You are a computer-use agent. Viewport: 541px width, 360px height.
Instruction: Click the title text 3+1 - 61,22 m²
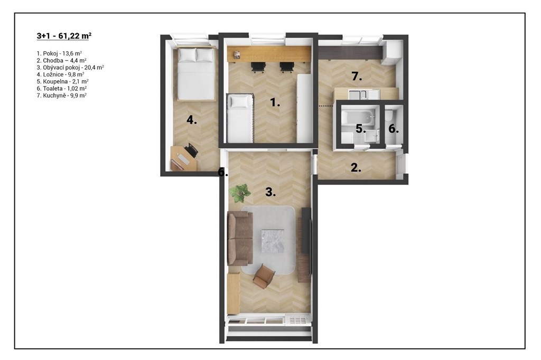tap(64, 36)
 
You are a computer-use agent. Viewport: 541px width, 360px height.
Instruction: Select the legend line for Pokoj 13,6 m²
tap(59, 53)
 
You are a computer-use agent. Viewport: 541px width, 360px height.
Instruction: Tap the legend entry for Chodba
tap(61, 60)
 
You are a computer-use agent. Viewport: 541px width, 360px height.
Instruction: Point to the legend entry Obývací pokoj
tap(70, 68)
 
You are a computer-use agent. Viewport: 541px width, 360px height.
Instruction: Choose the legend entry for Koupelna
tap(62, 81)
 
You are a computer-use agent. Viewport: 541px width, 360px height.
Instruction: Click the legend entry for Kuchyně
tap(61, 96)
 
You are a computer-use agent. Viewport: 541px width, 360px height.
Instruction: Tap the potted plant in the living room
tap(240, 193)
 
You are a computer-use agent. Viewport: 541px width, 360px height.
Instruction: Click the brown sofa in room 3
tap(240, 238)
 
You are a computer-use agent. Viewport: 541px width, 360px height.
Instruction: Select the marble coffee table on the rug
tap(273, 241)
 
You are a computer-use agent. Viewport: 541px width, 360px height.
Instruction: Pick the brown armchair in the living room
tap(264, 276)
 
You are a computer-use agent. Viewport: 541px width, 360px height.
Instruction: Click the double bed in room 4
tap(195, 74)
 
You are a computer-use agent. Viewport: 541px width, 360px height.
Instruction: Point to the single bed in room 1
tap(240, 118)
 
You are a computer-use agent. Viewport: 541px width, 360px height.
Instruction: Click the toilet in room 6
tap(389, 116)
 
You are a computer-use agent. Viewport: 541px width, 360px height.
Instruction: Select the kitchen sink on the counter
tap(358, 94)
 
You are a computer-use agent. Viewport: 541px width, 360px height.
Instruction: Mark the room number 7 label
tap(357, 77)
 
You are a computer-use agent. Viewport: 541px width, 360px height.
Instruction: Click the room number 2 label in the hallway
tap(356, 168)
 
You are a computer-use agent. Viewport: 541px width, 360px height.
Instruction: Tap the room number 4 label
tap(191, 120)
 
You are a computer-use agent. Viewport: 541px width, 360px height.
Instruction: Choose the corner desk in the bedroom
tap(184, 158)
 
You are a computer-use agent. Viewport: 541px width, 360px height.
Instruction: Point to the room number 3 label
tap(270, 192)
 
